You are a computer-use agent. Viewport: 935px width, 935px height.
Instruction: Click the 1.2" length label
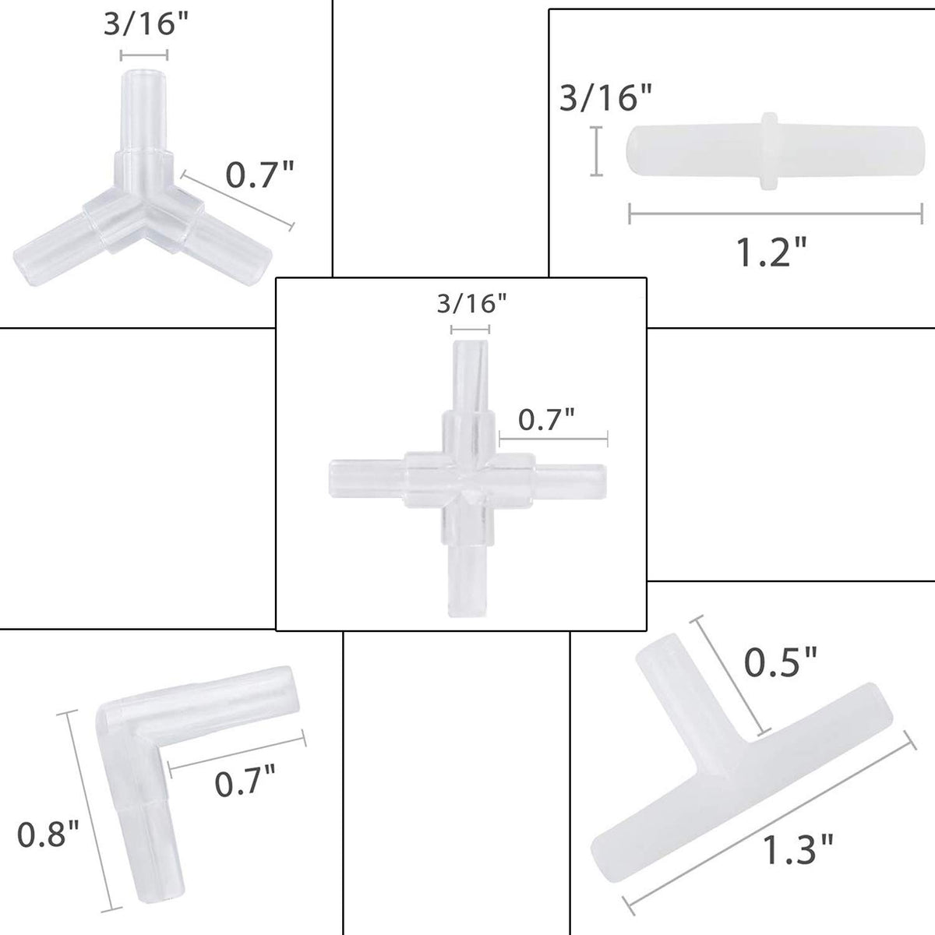[x=771, y=252]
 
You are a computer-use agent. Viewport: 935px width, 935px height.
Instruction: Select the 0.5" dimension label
[x=780, y=662]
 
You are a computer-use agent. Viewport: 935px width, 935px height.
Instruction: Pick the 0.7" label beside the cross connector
[x=546, y=419]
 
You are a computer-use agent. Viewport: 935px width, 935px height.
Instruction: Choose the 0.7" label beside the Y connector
[x=260, y=175]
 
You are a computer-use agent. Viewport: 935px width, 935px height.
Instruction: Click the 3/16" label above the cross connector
[x=471, y=304]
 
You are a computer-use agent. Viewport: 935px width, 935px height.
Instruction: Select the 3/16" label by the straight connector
[x=606, y=97]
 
